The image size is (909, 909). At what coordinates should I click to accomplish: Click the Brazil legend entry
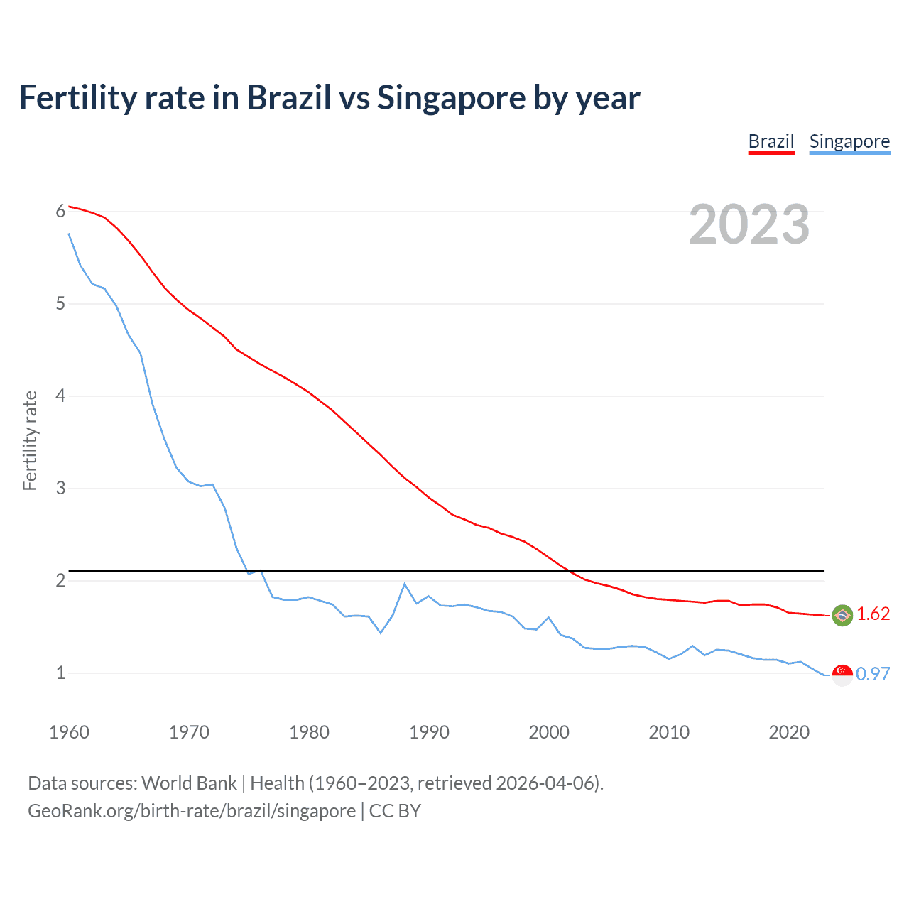(x=771, y=141)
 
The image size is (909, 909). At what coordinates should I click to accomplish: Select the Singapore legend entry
(x=849, y=141)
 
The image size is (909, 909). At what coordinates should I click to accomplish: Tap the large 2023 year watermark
(x=749, y=224)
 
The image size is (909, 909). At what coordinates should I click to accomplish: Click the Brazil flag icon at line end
(x=842, y=615)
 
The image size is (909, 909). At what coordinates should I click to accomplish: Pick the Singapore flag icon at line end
(x=842, y=675)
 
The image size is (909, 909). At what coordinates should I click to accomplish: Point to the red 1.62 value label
(x=873, y=614)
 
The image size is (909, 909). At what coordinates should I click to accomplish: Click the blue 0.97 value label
(x=873, y=674)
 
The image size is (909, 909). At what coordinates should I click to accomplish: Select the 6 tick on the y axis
(x=61, y=211)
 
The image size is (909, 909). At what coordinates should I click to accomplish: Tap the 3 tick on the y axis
(x=61, y=488)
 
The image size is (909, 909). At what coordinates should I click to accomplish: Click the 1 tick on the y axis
(x=61, y=673)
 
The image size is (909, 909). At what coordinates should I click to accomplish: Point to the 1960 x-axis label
(x=69, y=732)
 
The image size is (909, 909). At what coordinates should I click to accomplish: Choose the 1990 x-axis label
(x=429, y=732)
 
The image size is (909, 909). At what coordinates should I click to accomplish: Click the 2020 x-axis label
(x=789, y=732)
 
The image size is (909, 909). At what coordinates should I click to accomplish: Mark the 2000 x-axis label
(x=549, y=732)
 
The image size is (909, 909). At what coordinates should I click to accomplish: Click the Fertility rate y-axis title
(x=30, y=440)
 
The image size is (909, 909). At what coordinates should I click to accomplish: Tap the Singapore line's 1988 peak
(x=405, y=584)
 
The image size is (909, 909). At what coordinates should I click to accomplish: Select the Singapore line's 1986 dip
(x=381, y=633)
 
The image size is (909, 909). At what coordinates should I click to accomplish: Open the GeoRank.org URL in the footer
(x=192, y=811)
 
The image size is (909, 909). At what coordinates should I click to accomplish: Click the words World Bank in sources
(x=189, y=783)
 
